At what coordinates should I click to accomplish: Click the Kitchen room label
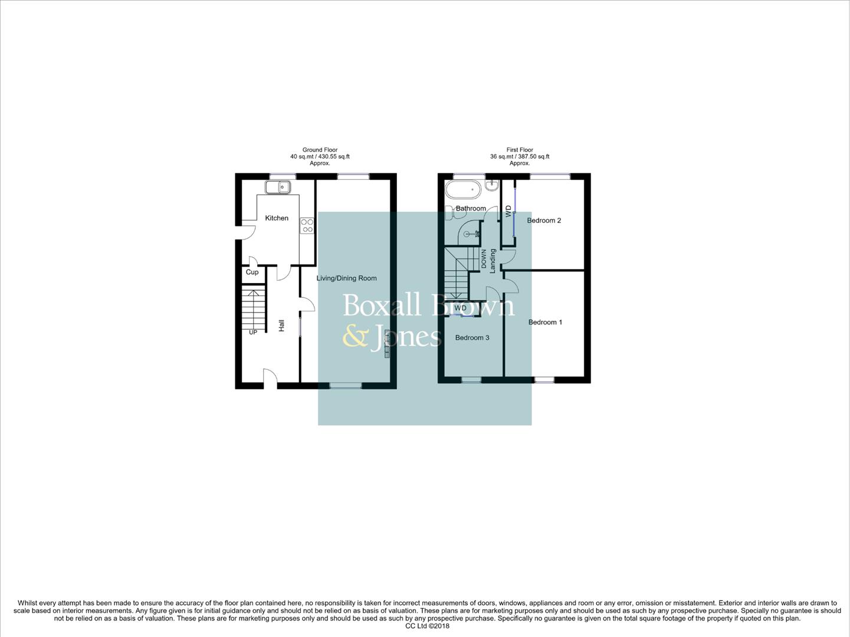point(277,218)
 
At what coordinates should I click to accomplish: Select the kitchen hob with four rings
point(307,225)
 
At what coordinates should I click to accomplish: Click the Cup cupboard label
point(252,272)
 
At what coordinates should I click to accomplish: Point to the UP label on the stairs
point(253,332)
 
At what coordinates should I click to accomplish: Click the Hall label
point(281,325)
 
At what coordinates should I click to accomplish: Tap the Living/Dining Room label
point(346,278)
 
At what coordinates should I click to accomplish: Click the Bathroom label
point(471,208)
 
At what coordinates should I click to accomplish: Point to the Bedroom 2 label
point(544,221)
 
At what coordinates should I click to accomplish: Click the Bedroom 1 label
point(545,322)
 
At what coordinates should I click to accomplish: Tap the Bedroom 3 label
point(472,337)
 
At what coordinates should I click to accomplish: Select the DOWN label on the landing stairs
point(484,259)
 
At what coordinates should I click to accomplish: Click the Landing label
point(493,260)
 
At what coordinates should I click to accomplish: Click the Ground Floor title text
point(320,150)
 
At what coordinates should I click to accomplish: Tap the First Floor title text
point(520,150)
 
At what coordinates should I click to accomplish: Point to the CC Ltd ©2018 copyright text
point(427,626)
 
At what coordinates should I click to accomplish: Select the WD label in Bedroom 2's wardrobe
point(508,211)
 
